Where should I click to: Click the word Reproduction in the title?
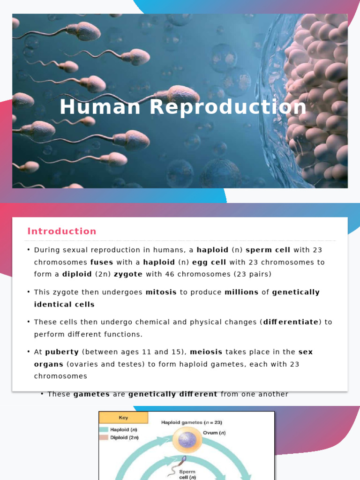pyautogui.click(x=228, y=107)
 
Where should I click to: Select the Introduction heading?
pyautogui.click(x=62, y=231)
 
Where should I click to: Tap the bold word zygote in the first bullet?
pyautogui.click(x=128, y=274)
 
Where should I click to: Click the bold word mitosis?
pyautogui.click(x=161, y=292)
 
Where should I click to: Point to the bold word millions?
pyautogui.click(x=241, y=292)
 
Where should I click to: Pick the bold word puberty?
pyautogui.click(x=62, y=352)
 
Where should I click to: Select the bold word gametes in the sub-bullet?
pyautogui.click(x=91, y=394)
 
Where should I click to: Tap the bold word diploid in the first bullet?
pyautogui.click(x=78, y=274)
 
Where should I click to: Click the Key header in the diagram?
pyautogui.click(x=123, y=418)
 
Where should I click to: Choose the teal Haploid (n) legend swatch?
pyautogui.click(x=104, y=429)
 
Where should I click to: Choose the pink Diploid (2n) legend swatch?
pyautogui.click(x=104, y=437)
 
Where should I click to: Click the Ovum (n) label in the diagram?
pyautogui.click(x=214, y=433)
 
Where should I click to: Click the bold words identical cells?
pyautogui.click(x=64, y=304)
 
